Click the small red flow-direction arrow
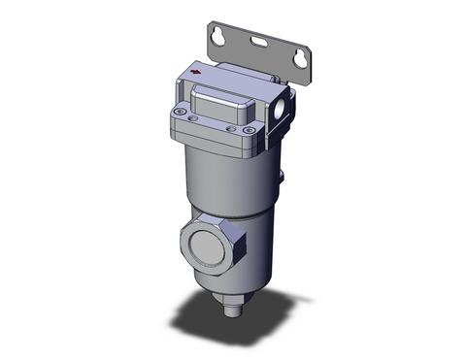[x=197, y=71]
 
